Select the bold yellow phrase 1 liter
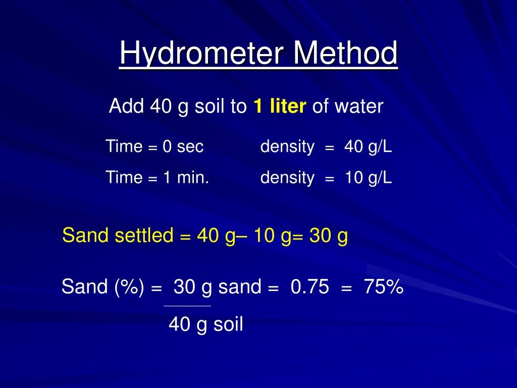[280, 107]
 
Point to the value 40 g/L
[368, 147]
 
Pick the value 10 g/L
[368, 177]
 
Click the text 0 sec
[183, 147]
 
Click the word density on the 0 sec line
[287, 147]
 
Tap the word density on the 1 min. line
[287, 177]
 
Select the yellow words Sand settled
[118, 235]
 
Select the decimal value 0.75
[310, 287]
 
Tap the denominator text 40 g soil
[206, 324]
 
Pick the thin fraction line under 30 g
[187, 306]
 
